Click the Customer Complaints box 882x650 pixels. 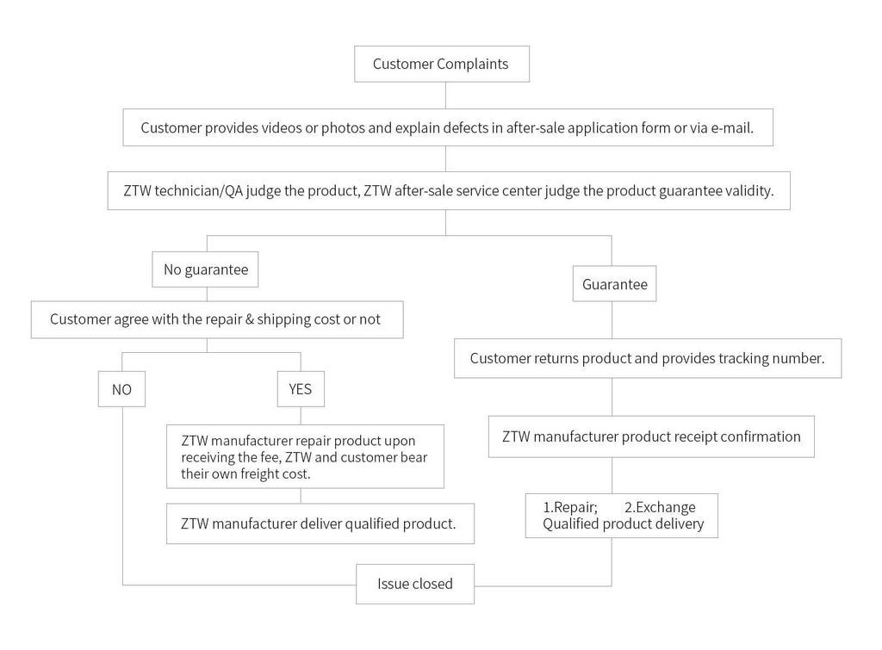pos(441,65)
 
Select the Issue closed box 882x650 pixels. pos(415,584)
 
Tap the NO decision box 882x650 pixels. pos(121,389)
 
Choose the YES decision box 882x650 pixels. pos(300,389)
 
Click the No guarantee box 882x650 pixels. pos(206,269)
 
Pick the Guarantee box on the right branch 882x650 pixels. pos(614,284)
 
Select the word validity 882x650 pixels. pos(748,191)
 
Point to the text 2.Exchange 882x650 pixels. pos(660,507)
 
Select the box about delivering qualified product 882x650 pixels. pos(320,523)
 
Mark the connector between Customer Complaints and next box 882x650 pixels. pos(444,96)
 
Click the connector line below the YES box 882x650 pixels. pos(300,415)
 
